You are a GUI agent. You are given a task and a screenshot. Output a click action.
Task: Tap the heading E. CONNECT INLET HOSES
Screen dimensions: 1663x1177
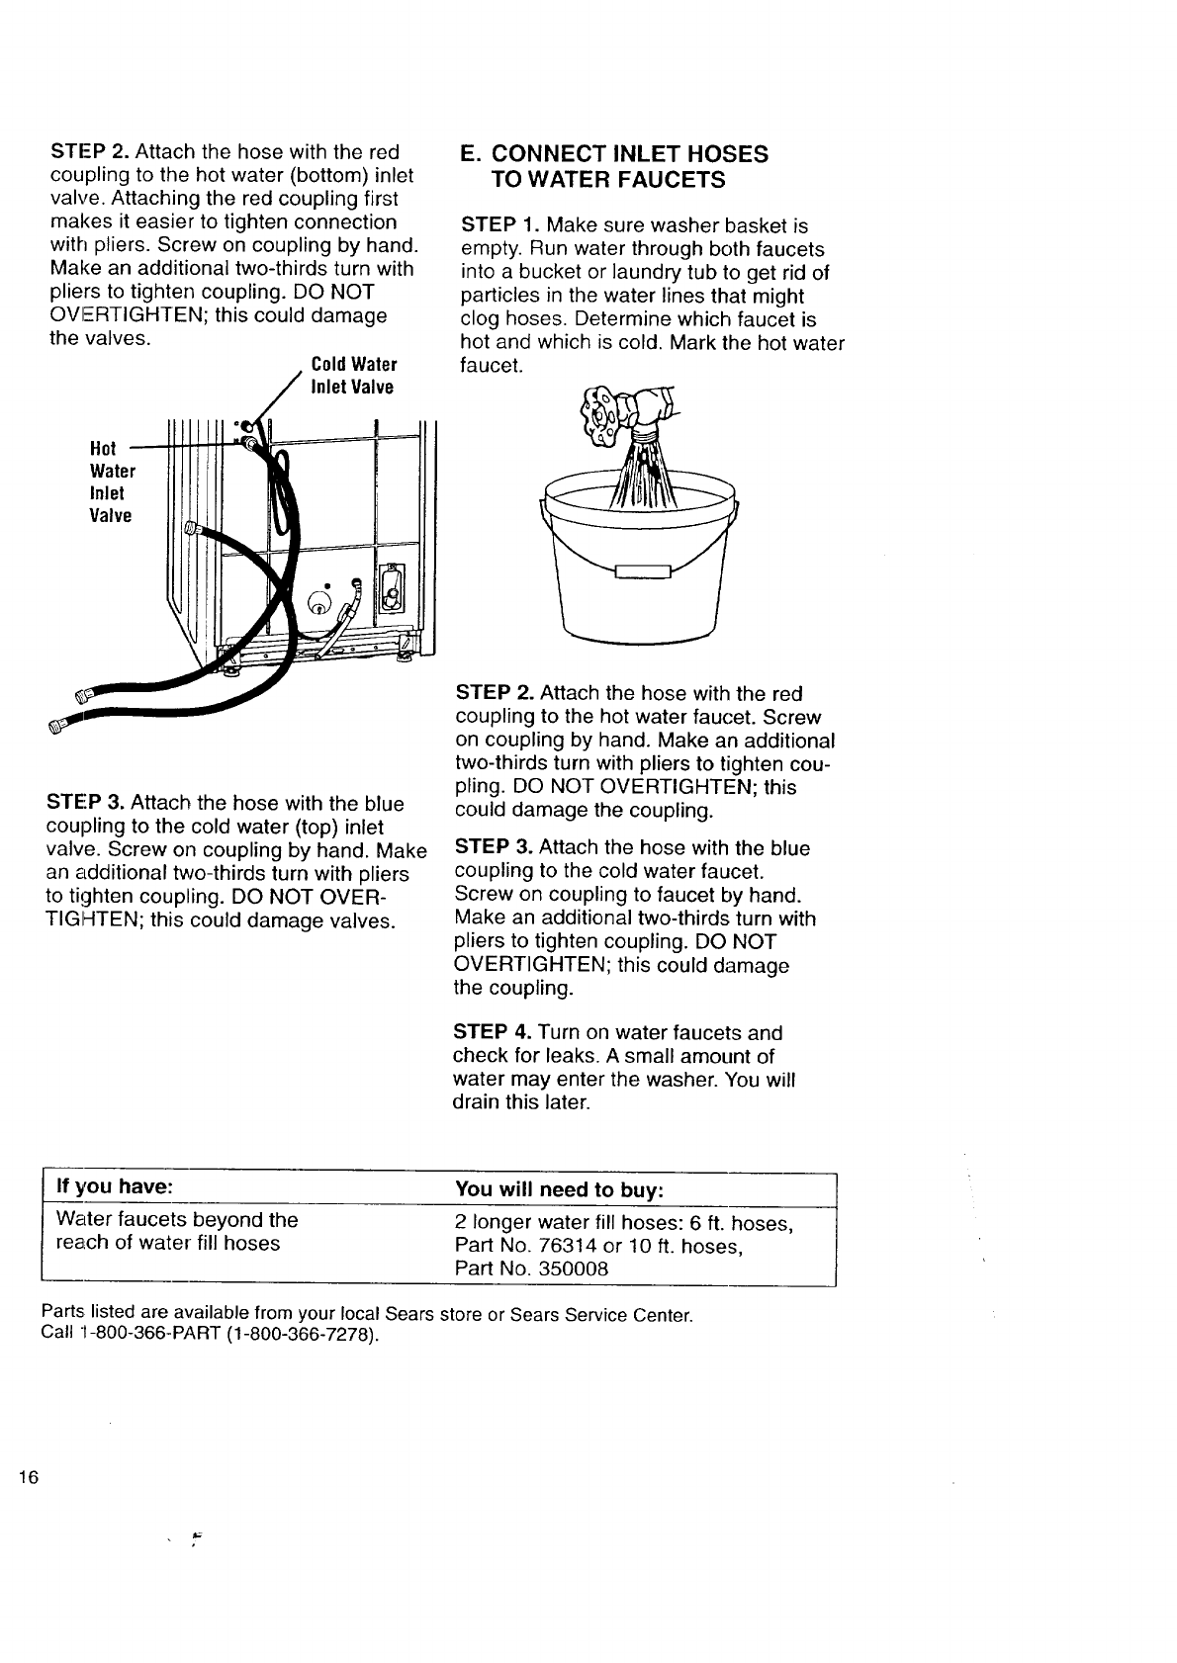click(614, 154)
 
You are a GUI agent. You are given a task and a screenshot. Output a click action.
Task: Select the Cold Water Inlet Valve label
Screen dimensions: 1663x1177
click(353, 376)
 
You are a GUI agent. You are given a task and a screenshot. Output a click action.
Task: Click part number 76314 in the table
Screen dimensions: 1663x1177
click(572, 1246)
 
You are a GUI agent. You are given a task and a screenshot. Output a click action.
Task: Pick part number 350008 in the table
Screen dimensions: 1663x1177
click(574, 1269)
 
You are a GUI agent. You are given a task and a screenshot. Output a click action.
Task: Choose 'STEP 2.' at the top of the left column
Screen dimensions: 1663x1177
click(89, 152)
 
